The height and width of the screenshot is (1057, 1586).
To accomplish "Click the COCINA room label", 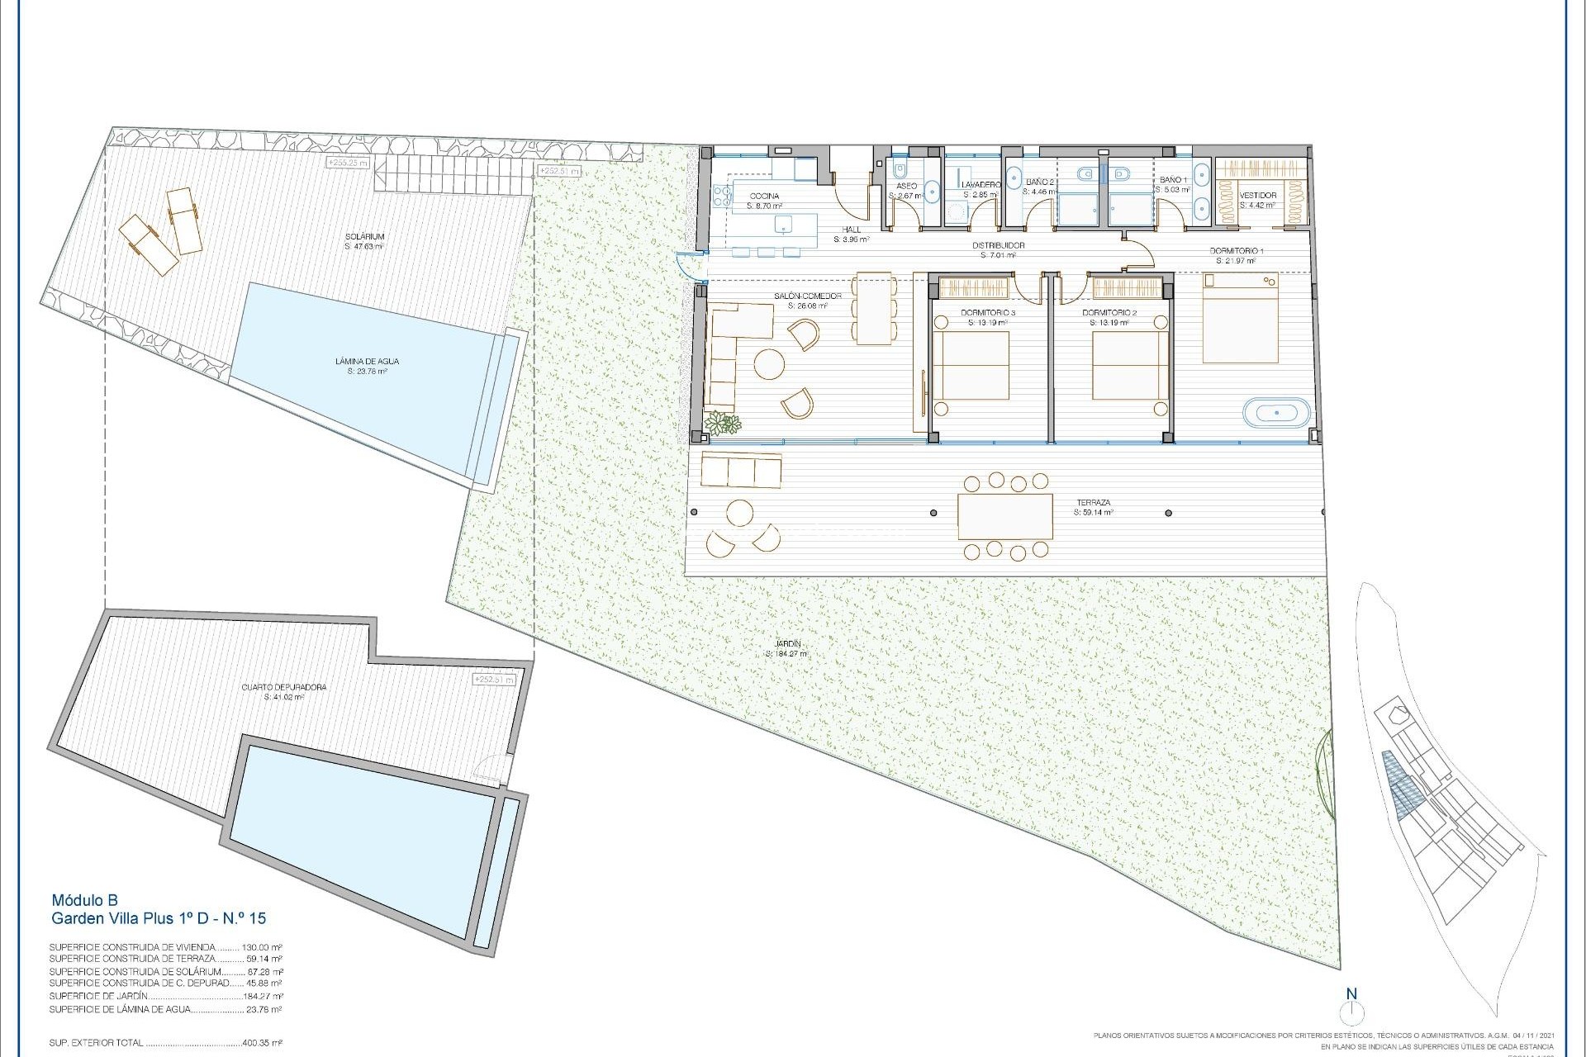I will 764,197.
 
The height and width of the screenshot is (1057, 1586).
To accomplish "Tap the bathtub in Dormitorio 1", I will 1277,411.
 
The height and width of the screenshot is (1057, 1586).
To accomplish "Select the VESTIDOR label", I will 1258,197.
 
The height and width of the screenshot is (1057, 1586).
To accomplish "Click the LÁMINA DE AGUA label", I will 368,361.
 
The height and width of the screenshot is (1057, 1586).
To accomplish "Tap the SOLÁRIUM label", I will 364,236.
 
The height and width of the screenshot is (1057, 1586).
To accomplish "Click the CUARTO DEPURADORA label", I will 284,687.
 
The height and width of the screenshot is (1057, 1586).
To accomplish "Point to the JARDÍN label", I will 788,644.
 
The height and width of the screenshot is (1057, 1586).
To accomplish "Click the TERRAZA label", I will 1093,502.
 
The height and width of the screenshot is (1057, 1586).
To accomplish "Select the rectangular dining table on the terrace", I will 1005,517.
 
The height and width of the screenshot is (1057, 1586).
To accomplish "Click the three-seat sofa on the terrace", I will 741,470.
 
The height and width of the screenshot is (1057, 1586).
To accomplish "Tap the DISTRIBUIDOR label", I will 998,246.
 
